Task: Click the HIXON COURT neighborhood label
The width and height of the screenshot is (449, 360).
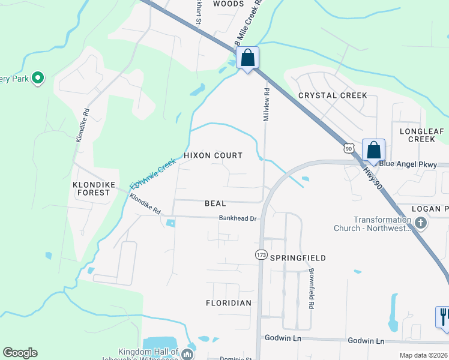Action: coord(213,155)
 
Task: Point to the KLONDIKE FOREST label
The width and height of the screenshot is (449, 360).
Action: coord(91,188)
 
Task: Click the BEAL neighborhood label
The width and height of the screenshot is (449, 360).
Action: coord(215,204)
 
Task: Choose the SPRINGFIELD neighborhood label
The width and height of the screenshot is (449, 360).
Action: coord(298,258)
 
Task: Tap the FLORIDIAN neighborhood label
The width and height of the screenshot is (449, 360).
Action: coord(229,303)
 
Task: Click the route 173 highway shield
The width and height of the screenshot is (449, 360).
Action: coord(261,255)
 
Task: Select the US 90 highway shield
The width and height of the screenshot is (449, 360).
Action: coord(349,147)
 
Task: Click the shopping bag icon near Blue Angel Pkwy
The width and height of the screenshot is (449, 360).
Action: coord(373,149)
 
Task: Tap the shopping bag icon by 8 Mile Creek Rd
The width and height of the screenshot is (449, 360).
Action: coord(247,58)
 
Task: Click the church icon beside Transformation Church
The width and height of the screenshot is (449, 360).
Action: coord(421,224)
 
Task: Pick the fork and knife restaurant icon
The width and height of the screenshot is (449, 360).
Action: coord(443,316)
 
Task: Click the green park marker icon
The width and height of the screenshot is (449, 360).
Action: coord(38,77)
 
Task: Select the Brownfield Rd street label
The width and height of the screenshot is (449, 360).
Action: coord(312,289)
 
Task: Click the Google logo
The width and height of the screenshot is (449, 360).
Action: coord(20,353)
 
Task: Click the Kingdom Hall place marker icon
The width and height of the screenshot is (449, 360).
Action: coord(188,353)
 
